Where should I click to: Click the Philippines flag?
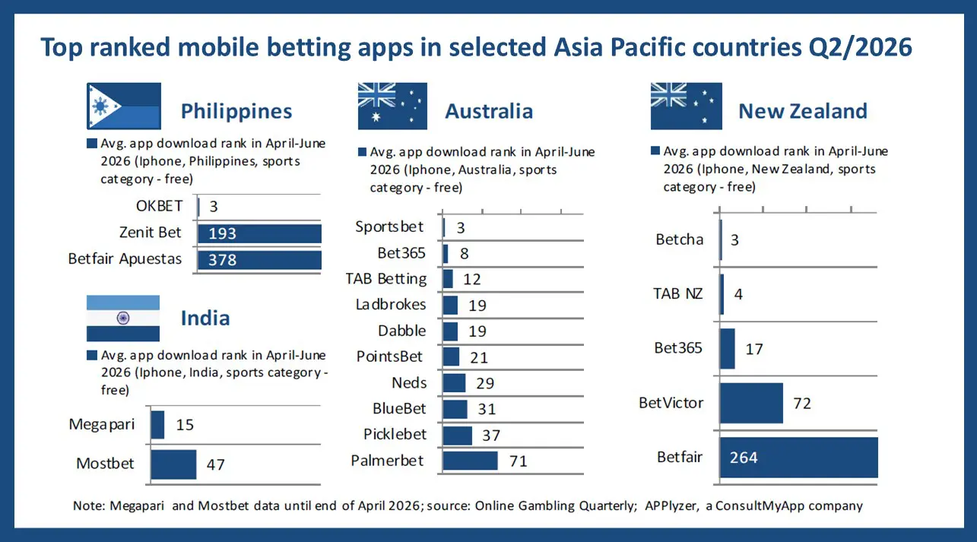pos(124,106)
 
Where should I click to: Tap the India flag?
pos(123,319)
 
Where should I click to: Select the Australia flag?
pos(392,106)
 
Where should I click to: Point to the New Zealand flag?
pos(686,106)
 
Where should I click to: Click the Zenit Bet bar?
pos(259,233)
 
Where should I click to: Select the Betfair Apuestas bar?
pos(259,260)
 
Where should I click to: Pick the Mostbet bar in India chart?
pos(173,464)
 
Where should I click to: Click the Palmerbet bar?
pos(470,461)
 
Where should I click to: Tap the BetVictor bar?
pos(751,404)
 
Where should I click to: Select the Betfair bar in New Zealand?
pos(799,458)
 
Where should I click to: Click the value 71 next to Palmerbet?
pos(519,461)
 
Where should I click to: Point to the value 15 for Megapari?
pos(185,425)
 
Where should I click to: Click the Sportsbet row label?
pos(389,227)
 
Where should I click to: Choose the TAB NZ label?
pos(677,294)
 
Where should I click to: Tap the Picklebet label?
pos(395,434)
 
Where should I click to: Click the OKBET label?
pos(159,206)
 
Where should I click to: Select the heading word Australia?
pos(489,111)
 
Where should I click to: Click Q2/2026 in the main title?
pos(860,47)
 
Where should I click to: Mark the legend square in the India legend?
pos(91,355)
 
